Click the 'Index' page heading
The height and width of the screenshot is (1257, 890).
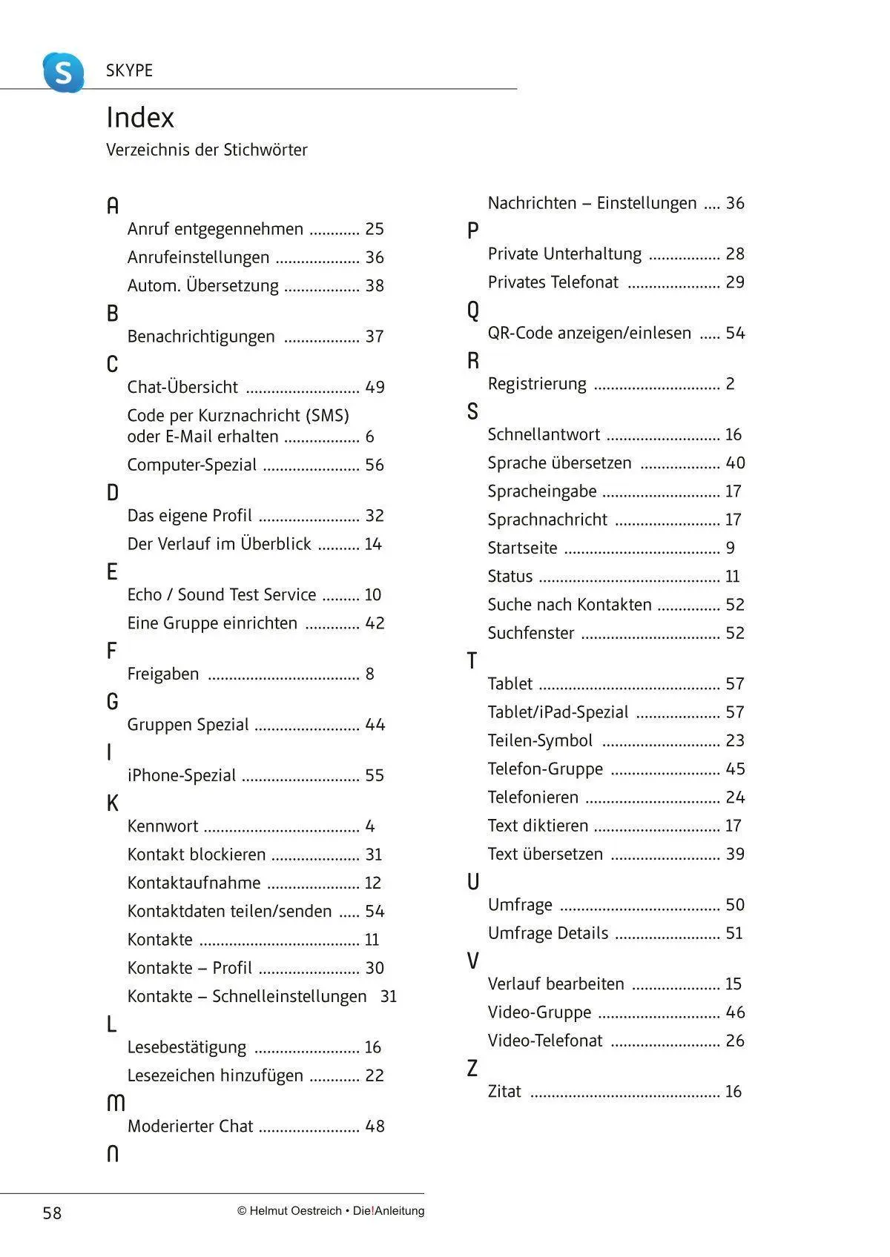[x=140, y=118]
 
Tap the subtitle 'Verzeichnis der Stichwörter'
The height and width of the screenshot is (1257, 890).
[x=206, y=150]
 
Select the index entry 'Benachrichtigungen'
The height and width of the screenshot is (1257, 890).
[x=201, y=336]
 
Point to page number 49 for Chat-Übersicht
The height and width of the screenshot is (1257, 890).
[x=375, y=387]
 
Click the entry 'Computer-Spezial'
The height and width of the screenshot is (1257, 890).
[x=192, y=465]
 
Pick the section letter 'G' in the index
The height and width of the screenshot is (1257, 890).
[x=113, y=701]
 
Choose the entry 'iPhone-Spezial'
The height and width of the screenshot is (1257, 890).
[x=182, y=775]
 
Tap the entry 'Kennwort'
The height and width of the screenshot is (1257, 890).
[x=163, y=826]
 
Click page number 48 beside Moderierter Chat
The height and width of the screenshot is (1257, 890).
[x=375, y=1127]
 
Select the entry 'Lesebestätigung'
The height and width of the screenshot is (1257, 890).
[x=187, y=1047]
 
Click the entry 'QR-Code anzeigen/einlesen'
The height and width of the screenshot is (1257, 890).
[x=590, y=334]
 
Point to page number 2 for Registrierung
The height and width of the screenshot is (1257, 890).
[x=731, y=384]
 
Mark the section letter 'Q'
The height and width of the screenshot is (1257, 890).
[x=473, y=310]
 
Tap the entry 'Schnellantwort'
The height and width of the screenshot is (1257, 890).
[x=544, y=434]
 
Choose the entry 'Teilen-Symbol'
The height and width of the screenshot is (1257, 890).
[x=540, y=740]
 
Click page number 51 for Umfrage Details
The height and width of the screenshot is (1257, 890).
[x=734, y=933]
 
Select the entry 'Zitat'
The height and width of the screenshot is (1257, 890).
[x=504, y=1092]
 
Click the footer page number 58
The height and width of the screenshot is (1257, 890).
[x=52, y=1213]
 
